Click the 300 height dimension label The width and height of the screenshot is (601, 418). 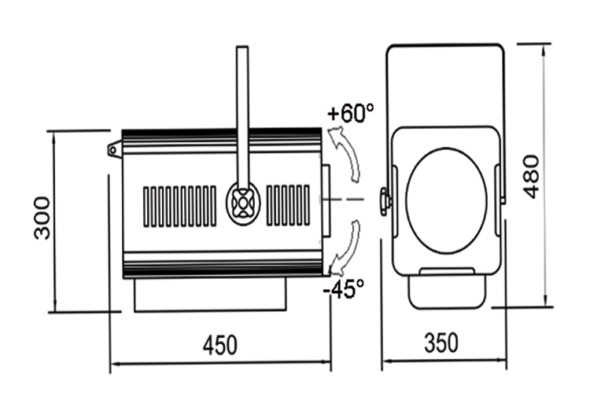(x=42, y=218)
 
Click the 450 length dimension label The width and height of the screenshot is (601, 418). (x=220, y=345)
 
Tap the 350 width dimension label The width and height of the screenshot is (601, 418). (x=441, y=343)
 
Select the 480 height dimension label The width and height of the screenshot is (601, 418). (x=531, y=177)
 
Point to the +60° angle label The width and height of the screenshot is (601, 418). (x=351, y=113)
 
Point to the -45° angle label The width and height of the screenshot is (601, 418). (x=344, y=288)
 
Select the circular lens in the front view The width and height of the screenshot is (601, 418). (x=446, y=200)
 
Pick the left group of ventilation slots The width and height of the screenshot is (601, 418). (x=180, y=206)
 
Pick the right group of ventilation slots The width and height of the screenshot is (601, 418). (x=288, y=205)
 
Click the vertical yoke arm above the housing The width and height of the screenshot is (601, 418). (x=242, y=115)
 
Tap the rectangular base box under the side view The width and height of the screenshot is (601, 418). (x=210, y=295)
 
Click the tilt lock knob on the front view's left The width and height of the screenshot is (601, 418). (x=385, y=201)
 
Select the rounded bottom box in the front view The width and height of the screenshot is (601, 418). (x=447, y=290)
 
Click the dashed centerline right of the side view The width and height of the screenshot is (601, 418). (x=342, y=200)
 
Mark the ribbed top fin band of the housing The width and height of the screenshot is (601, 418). (x=222, y=141)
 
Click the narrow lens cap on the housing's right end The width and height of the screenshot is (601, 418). (x=326, y=200)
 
